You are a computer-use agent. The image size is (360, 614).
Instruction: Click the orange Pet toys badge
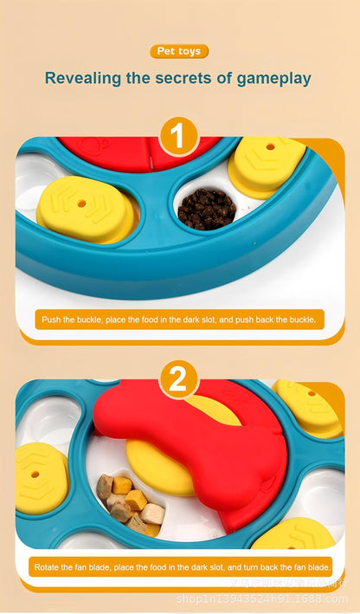coord(179,52)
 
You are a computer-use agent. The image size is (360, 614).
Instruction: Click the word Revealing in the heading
coord(84,79)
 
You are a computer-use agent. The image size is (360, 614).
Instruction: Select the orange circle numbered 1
coord(179,137)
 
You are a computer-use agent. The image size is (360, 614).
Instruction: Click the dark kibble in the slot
coord(205,208)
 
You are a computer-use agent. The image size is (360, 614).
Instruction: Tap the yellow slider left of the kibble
coord(87,208)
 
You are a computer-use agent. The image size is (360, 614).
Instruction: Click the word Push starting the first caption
coord(52,320)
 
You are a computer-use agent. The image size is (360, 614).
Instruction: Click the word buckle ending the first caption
coord(305,320)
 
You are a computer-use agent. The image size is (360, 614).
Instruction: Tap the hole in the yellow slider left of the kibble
coord(82,204)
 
